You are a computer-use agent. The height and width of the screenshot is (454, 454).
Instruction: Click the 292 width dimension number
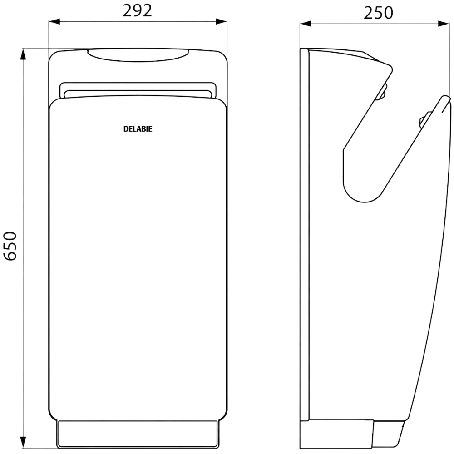(x=137, y=11)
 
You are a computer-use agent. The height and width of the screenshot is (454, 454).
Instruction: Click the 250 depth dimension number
(x=378, y=13)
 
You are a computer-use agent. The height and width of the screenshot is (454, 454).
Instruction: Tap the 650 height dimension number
(x=11, y=246)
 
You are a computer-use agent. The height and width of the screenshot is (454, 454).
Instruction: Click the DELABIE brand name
(x=138, y=129)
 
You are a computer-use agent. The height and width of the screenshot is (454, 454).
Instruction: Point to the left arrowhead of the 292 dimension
(x=54, y=21)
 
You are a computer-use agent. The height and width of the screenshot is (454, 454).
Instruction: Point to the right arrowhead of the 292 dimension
(x=222, y=21)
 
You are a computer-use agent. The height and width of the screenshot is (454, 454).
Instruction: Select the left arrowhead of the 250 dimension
(x=305, y=24)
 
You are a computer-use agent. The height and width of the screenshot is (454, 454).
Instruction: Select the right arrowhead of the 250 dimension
(x=444, y=24)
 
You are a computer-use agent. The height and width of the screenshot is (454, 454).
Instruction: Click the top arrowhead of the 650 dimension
(x=23, y=54)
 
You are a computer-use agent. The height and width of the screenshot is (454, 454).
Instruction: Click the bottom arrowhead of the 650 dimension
(x=23, y=443)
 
